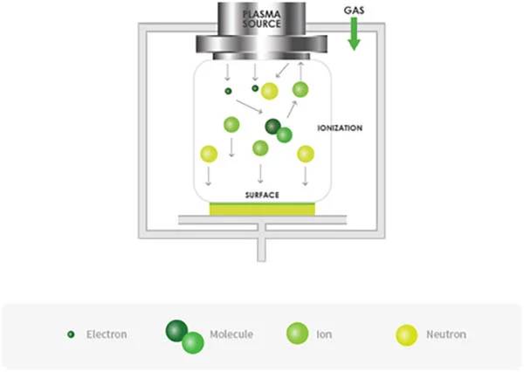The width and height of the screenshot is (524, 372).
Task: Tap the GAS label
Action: point(355,11)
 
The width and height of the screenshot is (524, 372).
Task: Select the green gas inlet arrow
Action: point(355,35)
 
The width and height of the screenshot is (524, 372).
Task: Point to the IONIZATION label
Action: point(340,128)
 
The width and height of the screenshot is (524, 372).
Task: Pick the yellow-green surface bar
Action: point(263,209)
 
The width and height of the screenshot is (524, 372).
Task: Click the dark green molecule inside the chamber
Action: point(273,127)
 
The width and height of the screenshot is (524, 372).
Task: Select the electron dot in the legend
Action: point(71,334)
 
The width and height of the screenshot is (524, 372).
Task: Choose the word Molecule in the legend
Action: point(231,334)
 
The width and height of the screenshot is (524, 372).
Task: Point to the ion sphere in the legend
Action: point(297,334)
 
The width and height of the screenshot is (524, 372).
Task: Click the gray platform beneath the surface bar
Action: point(263,219)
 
